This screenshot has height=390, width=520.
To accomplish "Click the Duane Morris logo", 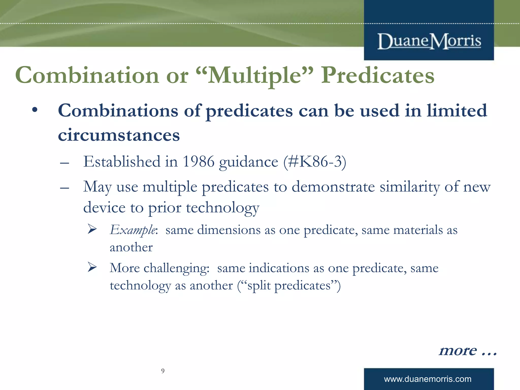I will pos(429,41).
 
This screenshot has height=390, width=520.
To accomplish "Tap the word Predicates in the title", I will pos(378,75).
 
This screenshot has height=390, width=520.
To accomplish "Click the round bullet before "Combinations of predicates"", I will pos(35,110).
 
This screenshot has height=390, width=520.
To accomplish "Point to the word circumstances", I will pos(119,135).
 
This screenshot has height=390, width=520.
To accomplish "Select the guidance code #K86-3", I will pos(315,161).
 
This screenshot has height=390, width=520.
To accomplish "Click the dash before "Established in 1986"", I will pos(64,163).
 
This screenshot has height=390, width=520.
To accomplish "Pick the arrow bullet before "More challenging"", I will pos(92,267).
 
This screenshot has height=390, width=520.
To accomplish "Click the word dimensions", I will pos(229,230).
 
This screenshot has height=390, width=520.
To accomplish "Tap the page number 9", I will pos(163,371).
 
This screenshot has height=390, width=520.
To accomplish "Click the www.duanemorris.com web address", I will pos(428,379).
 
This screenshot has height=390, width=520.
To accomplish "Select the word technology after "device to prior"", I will pos(222,208).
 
